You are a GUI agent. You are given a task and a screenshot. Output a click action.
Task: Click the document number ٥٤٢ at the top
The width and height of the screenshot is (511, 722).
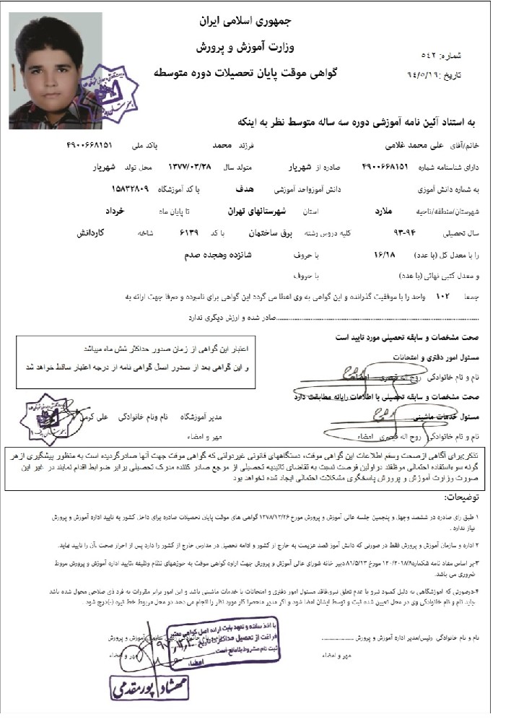tap(432, 55)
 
